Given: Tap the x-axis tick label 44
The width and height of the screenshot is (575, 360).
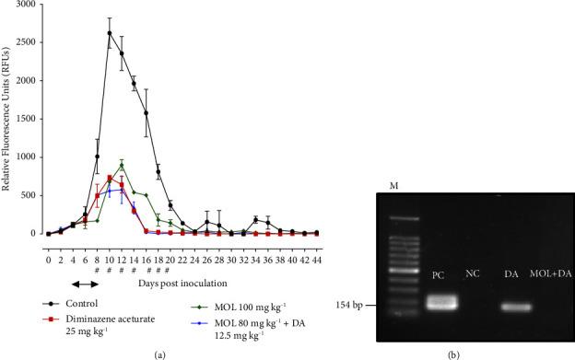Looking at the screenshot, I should click(x=316, y=247).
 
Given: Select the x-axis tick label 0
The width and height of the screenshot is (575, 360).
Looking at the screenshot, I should click(x=49, y=247).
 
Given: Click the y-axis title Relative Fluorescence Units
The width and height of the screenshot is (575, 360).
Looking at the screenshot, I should click(x=8, y=120).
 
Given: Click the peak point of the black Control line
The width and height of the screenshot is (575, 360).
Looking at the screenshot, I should click(x=110, y=33).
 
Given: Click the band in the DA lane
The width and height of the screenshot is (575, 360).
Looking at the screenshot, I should click(x=513, y=307).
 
